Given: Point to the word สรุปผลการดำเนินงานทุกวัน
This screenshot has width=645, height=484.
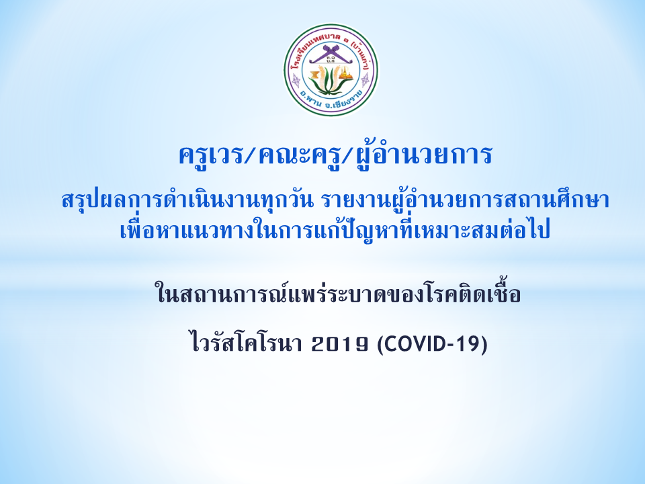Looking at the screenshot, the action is tap(188, 200).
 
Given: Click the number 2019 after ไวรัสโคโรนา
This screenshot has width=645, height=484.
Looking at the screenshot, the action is tap(340, 344).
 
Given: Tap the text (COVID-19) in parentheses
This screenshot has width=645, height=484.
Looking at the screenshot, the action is tap(432, 344).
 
